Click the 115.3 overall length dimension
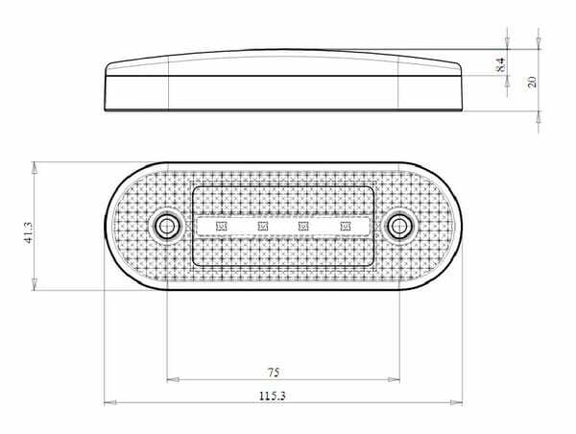tap(273, 397)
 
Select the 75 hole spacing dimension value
tap(274, 373)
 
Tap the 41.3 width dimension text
tap(28, 232)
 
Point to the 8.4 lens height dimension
tap(501, 64)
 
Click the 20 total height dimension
tap(532, 82)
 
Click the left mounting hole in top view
tap(167, 226)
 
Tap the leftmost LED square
tap(221, 226)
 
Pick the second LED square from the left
tap(263, 226)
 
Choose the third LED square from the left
tap(303, 226)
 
